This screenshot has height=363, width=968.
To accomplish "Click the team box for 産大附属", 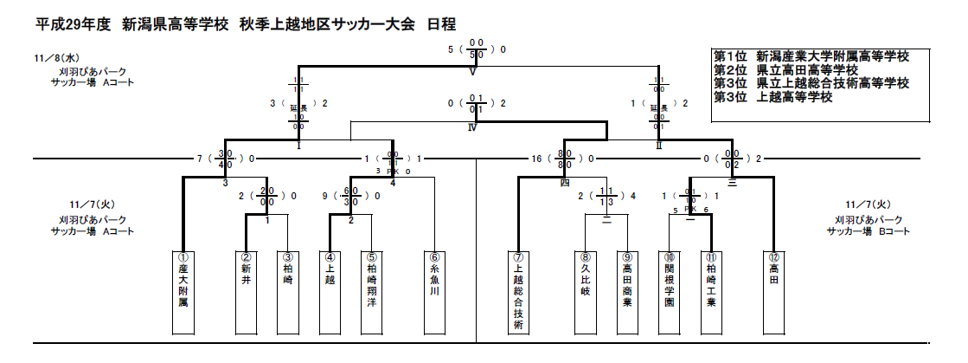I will pyautogui.click(x=183, y=293).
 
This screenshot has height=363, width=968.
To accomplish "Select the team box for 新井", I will pyautogui.click(x=246, y=293).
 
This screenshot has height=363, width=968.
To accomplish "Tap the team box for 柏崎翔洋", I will pyautogui.click(x=371, y=293).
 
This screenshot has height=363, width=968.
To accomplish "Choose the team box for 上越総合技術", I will pyautogui.click(x=518, y=293).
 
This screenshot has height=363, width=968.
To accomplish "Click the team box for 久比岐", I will pyautogui.click(x=586, y=293).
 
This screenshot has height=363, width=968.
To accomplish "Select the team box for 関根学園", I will pyautogui.click(x=669, y=293).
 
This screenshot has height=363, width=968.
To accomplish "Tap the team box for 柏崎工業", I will pyautogui.click(x=710, y=293).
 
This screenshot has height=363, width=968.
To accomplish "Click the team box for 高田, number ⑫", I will pyautogui.click(x=773, y=293).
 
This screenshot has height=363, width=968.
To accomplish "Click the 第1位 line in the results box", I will pyautogui.click(x=811, y=56).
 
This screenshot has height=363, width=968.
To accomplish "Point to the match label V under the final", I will pyautogui.click(x=473, y=72).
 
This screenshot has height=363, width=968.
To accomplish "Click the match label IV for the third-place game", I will pyautogui.click(x=472, y=126).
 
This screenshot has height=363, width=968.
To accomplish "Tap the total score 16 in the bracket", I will pyautogui.click(x=536, y=159).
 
